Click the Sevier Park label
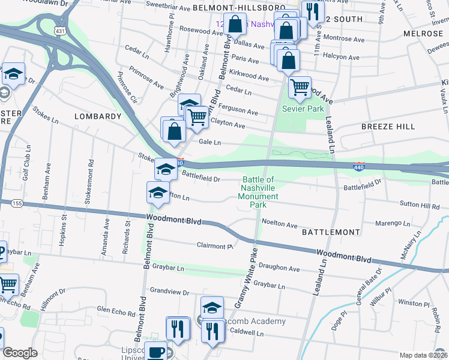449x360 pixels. point(303,109)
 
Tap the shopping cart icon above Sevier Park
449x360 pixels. point(300,87)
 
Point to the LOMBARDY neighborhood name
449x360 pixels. point(98,116)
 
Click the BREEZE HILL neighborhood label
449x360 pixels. point(388,127)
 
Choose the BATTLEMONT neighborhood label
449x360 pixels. point(330,231)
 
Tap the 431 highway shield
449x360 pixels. point(60,29)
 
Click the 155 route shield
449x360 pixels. point(16,204)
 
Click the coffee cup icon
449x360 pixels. point(157,353)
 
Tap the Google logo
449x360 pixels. point(20,353)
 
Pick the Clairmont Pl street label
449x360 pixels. point(214,245)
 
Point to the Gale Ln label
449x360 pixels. point(209,143)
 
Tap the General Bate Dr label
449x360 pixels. point(364,286)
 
